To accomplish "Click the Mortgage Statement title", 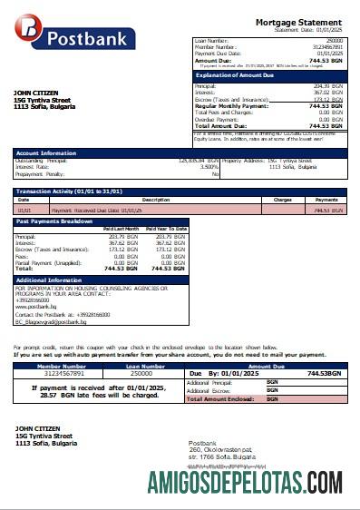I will [x=298, y=22].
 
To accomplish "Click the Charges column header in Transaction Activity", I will [x=282, y=200].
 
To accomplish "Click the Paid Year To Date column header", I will [x=165, y=229].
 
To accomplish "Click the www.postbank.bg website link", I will [x=34, y=306].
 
